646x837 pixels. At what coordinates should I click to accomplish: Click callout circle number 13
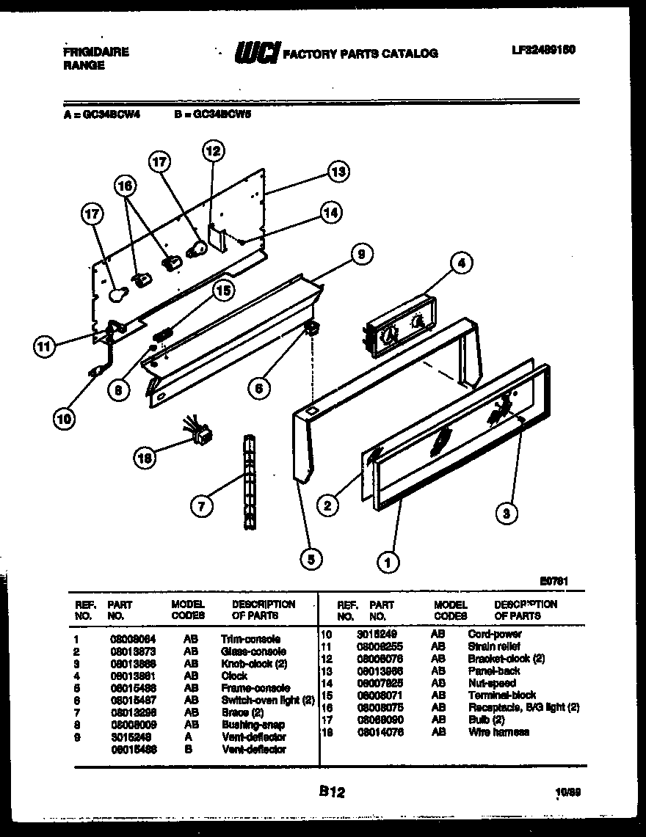337,172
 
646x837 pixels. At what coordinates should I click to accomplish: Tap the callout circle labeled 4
461,263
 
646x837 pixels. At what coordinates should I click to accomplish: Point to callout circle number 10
64,420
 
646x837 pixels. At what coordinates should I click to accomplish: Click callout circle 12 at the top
211,152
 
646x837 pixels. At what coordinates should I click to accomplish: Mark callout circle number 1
387,563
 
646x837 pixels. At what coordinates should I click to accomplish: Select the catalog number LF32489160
542,51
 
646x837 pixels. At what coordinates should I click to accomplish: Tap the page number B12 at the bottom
332,792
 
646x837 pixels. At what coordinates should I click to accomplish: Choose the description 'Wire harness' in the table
498,732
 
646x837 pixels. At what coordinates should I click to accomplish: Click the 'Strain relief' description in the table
494,646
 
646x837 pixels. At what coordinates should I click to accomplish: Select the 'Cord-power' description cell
495,634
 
